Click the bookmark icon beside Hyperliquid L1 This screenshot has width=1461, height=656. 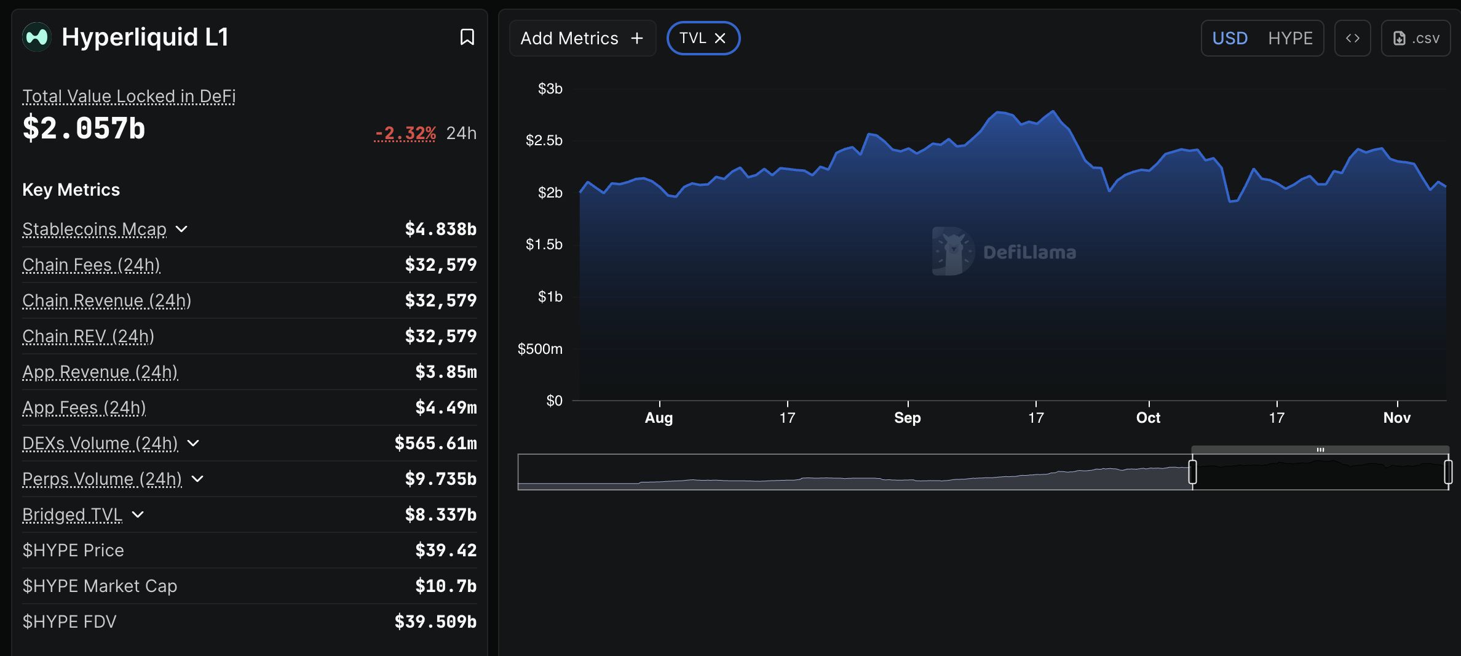pyautogui.click(x=467, y=38)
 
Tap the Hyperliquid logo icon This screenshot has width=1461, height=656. pyautogui.click(x=36, y=37)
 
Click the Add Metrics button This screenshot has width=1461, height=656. pyautogui.click(x=582, y=38)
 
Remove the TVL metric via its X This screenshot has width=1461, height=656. pyautogui.click(x=720, y=38)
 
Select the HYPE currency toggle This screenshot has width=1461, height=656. pyautogui.click(x=1290, y=38)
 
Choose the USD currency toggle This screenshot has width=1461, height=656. pyautogui.click(x=1230, y=38)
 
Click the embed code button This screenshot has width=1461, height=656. pyautogui.click(x=1352, y=38)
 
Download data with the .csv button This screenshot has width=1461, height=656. pyautogui.click(x=1416, y=38)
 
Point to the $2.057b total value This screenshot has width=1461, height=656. pyautogui.click(x=84, y=129)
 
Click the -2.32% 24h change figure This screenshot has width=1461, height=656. pyautogui.click(x=405, y=133)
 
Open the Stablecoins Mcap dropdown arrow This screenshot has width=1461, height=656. pyautogui.click(x=181, y=229)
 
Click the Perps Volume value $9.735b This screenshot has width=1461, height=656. pyautogui.click(x=440, y=479)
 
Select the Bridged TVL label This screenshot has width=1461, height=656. pyautogui.click(x=72, y=514)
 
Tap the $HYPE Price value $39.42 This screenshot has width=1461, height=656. pyautogui.click(x=446, y=550)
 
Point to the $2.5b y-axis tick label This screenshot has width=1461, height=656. pyautogui.click(x=544, y=140)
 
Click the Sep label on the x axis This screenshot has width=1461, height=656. pyautogui.click(x=907, y=418)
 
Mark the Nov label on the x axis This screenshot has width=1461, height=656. pyautogui.click(x=1396, y=418)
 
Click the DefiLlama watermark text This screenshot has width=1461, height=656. pyautogui.click(x=1029, y=252)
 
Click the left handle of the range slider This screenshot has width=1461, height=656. pyautogui.click(x=1192, y=472)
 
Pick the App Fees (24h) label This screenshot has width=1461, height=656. pyautogui.click(x=84, y=407)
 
